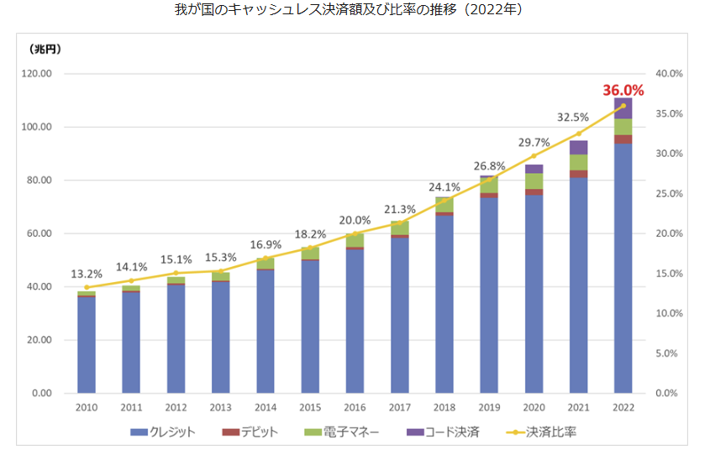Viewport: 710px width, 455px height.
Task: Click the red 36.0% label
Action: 623,90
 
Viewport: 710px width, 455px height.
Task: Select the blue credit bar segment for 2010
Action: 86,344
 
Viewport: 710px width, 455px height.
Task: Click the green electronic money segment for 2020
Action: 534,181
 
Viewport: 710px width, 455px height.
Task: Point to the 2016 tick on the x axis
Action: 355,409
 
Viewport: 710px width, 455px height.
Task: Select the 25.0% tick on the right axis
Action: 669,194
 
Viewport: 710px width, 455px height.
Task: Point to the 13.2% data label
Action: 87,274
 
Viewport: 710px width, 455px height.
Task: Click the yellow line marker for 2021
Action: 578,133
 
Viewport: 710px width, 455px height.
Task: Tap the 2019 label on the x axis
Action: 489,409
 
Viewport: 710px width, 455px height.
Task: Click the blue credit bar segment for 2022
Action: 623,269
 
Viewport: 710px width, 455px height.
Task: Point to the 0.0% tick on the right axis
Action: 667,393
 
